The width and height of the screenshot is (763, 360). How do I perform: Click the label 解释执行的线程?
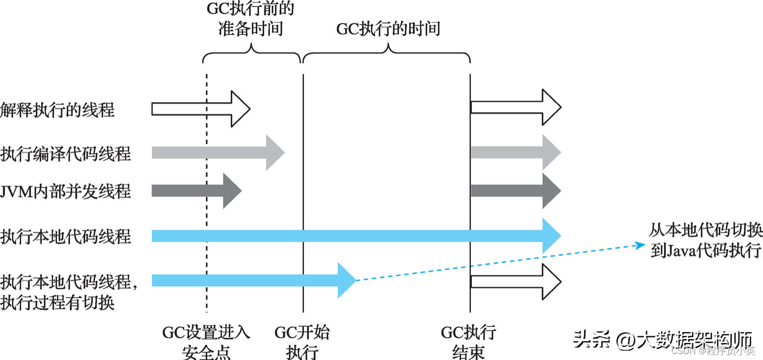click(x=57, y=109)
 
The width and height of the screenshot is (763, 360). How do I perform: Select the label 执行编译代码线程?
click(x=66, y=153)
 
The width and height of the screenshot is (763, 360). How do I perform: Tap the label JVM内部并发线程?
click(x=66, y=191)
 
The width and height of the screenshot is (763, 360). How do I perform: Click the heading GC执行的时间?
click(x=388, y=29)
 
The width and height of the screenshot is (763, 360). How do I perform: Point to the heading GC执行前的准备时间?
click(x=251, y=18)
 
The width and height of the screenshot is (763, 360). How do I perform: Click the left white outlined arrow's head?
click(x=241, y=109)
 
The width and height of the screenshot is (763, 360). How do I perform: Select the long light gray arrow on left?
click(x=216, y=153)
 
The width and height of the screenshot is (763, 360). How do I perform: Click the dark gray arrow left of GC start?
click(x=196, y=191)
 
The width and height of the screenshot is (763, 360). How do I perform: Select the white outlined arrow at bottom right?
click(x=516, y=281)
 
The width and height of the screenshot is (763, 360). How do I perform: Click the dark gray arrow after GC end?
click(x=516, y=191)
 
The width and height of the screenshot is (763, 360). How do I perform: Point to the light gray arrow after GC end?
click(x=516, y=153)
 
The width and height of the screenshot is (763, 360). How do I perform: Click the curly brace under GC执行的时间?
click(x=387, y=54)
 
